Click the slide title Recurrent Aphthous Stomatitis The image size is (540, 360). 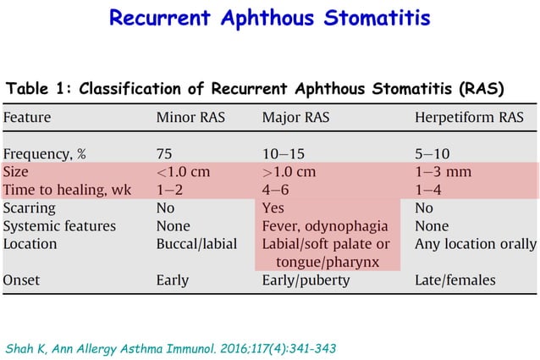coord(270,18)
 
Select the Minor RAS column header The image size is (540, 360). coord(190,118)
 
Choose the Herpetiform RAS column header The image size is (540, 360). coord(469,118)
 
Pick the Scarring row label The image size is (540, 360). coord(30,208)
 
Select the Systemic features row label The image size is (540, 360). coord(60,226)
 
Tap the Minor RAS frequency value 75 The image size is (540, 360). coord(165,154)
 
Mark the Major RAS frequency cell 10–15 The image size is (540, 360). coord(284,154)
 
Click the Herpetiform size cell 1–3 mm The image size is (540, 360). coord(443,172)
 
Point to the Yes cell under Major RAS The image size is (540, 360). coord(273,208)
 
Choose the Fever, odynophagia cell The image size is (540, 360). coord(325,226)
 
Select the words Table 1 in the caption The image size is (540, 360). coord(36,89)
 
